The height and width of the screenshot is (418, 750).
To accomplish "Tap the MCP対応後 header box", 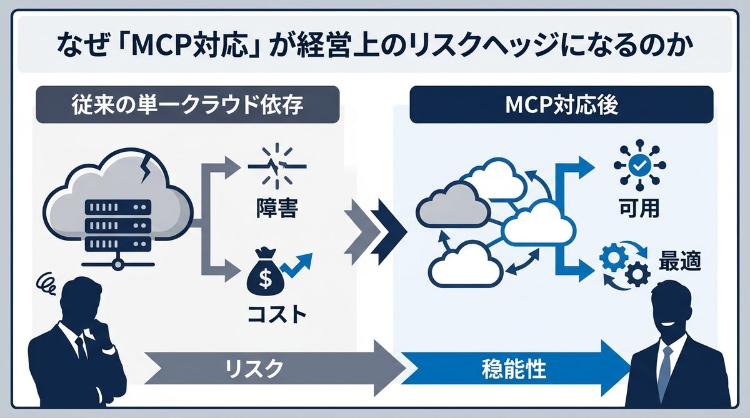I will point(561,104).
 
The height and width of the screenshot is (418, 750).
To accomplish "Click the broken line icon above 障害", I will point(276,166).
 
